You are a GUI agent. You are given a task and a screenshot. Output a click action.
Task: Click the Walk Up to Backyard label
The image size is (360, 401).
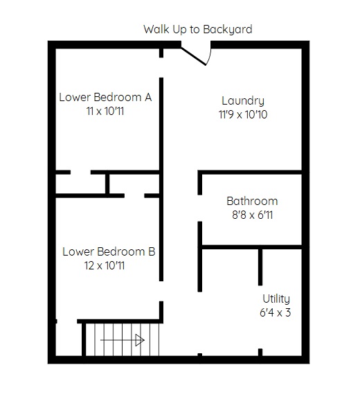(x=198, y=29)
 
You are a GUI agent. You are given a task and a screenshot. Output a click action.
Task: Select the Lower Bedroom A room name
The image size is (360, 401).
(x=105, y=97)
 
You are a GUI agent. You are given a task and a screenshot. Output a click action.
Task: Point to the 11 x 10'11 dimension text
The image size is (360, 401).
(x=105, y=112)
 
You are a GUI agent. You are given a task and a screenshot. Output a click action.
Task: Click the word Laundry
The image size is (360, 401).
(x=243, y=100)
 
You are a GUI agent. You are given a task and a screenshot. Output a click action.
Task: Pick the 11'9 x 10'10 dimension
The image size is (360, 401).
(x=243, y=114)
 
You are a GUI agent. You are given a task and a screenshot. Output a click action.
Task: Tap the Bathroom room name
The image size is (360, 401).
(x=252, y=201)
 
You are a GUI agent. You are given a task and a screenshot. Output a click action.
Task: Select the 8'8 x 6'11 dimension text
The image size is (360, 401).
(x=252, y=215)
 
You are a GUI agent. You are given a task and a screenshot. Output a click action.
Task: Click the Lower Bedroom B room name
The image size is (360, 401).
(x=109, y=251)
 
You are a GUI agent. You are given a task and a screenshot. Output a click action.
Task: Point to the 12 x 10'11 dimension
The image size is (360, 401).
(x=105, y=265)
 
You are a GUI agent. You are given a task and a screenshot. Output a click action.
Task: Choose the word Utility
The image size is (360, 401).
(x=276, y=299)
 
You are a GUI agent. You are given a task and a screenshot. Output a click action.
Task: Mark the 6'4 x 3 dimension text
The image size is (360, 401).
(x=275, y=312)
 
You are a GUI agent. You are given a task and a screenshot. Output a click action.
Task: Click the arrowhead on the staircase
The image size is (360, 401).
(x=140, y=340)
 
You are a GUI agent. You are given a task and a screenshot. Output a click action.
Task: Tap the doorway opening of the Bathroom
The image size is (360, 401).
(x=200, y=208)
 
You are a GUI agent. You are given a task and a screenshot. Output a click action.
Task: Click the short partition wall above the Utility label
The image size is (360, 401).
(x=260, y=267)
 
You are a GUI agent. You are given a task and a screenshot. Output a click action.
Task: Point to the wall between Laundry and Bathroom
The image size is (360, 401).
(x=250, y=172)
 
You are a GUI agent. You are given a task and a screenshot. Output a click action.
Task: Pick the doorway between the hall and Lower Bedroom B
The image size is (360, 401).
(x=161, y=292)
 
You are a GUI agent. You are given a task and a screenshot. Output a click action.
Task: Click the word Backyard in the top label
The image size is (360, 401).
(x=228, y=29)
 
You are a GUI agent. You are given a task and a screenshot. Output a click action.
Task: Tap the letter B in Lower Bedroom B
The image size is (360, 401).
(x=152, y=251)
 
